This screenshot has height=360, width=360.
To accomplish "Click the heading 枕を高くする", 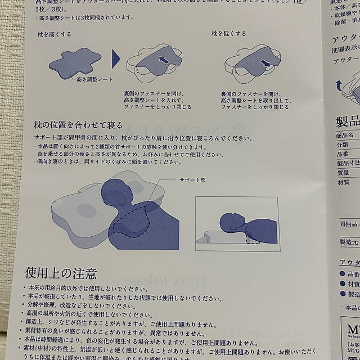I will pyautogui.click(x=53, y=34).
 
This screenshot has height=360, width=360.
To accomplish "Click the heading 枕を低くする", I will pyautogui.click(x=228, y=34).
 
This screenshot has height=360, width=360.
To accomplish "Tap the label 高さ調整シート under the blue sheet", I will pyautogui.click(x=97, y=80).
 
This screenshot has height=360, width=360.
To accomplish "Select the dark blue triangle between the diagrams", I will pyautogui.click(x=116, y=60).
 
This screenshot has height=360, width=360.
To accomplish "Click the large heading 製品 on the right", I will pyautogui.click(x=347, y=121).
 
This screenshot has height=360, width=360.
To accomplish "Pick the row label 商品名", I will pyautogui.click(x=345, y=136).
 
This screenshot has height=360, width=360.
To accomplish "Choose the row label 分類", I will pyautogui.click(x=342, y=145).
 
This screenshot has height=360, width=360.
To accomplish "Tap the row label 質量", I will pyautogui.click(x=343, y=173).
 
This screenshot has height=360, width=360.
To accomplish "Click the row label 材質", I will pyautogui.click(x=343, y=182).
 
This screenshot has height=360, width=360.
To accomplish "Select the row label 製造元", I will pyautogui.click(x=346, y=242).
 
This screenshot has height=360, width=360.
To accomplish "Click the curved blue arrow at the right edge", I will pyautogui.click(x=340, y=84).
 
